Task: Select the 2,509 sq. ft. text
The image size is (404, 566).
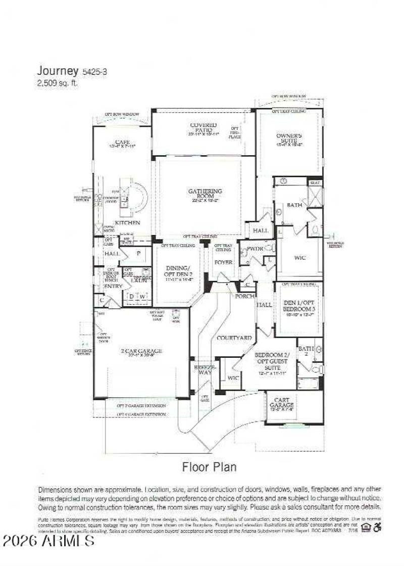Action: click(57, 83)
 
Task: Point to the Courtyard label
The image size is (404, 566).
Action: click(234, 337)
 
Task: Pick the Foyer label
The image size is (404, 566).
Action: click(223, 262)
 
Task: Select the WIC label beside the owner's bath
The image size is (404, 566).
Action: click(299, 257)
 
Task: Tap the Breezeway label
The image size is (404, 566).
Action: click(205, 370)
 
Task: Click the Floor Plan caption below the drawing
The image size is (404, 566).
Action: click(209, 466)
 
